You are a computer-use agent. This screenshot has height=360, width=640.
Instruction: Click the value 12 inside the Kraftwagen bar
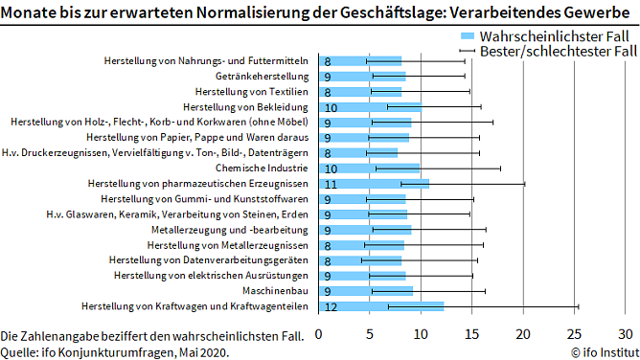(x=330, y=306)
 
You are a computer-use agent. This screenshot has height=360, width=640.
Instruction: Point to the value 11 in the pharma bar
(x=330, y=184)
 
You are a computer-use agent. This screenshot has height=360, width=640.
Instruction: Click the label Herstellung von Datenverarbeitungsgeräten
(x=209, y=260)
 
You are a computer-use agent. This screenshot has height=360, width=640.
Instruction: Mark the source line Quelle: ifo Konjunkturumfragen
(x=115, y=351)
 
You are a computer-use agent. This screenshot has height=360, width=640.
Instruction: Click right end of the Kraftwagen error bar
(x=578, y=306)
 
